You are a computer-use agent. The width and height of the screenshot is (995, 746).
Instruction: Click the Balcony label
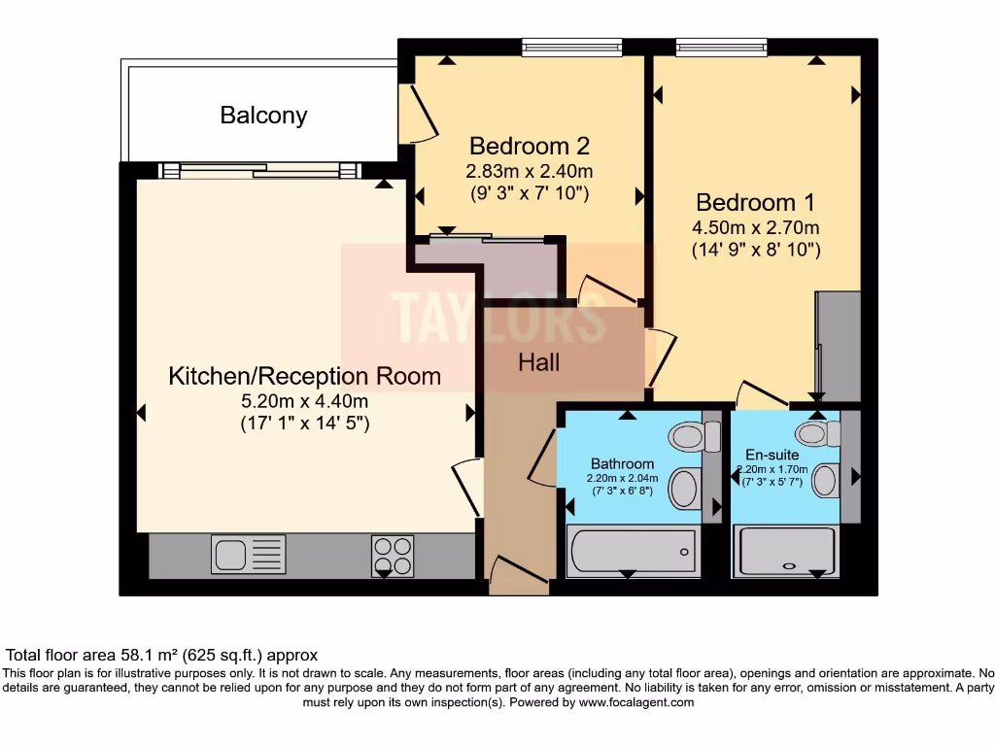263,115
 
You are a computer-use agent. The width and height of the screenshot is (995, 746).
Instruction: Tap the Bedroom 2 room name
530,146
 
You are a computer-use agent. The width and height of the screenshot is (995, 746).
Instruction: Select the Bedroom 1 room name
755,202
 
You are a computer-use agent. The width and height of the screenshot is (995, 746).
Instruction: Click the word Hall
538,362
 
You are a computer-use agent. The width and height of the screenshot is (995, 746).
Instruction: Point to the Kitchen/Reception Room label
304,376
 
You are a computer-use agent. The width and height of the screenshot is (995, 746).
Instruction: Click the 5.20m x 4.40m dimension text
304,400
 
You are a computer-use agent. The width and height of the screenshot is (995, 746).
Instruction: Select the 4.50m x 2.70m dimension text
756,228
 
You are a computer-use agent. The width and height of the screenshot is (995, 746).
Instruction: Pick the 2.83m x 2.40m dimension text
530,171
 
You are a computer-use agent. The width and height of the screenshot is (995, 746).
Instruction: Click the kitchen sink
248,555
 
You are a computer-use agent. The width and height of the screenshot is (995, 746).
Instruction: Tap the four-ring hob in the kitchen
393,556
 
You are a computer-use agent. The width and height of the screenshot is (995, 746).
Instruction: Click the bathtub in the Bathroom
632,551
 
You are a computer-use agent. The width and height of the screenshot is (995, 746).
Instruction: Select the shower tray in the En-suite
787,551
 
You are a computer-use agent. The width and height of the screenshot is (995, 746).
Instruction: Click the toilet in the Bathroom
691,436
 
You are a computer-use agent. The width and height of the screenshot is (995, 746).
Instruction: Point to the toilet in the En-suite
816,433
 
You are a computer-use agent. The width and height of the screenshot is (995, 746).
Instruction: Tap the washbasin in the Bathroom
686,488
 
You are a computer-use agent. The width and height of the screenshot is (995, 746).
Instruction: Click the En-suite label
772,454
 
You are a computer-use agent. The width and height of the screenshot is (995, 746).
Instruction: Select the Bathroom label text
622,463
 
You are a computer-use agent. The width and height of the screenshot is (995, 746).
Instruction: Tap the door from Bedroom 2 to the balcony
420,115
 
